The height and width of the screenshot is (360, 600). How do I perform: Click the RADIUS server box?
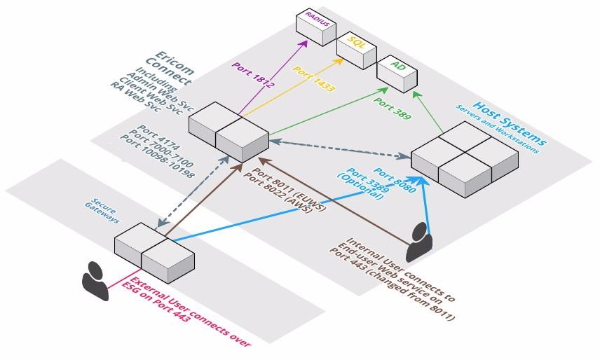tap(318, 24)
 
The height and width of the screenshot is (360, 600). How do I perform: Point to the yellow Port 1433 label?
tap(313, 82)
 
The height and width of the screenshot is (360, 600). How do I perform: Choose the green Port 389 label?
tap(393, 105)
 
